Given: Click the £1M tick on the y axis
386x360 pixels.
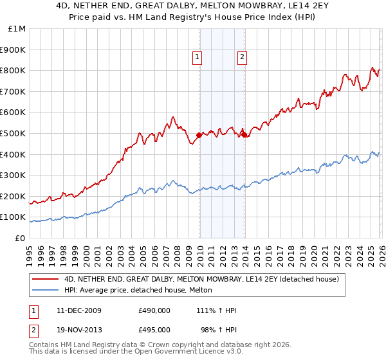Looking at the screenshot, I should coord(17,29).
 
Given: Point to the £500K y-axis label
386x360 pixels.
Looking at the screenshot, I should coord(13,134).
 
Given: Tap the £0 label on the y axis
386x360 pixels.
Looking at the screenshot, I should coord(20,239).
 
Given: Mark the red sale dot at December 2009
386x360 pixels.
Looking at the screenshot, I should coord(199,135).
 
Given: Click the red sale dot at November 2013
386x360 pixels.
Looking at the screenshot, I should coord(244,134).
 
